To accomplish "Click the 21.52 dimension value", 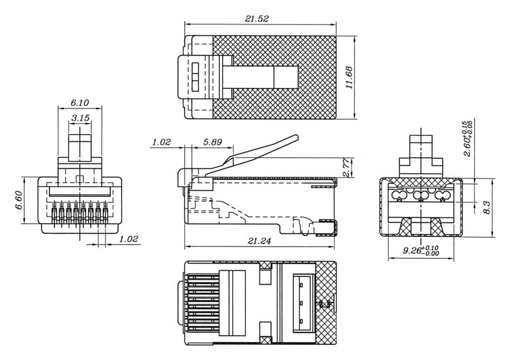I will click(257, 18).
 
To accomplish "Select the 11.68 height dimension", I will click(349, 77).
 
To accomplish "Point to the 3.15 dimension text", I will click(81, 118).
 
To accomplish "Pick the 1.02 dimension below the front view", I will click(129, 239).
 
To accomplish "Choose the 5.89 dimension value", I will click(212, 142).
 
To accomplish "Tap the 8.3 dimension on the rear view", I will click(487, 207).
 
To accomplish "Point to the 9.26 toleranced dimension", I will click(420, 252).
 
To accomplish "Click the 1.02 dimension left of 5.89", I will click(162, 142).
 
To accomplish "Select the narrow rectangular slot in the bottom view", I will click(301, 304).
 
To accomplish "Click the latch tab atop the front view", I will click(81, 146).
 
